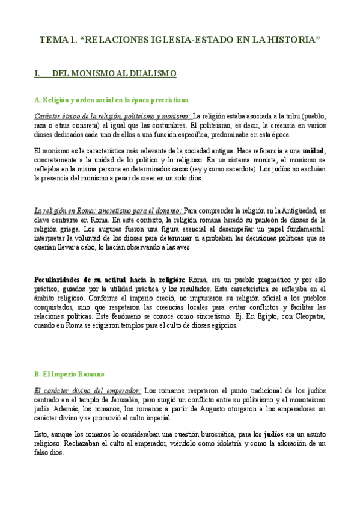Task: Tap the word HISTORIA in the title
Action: click(x=290, y=40)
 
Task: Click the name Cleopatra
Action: click(x=308, y=317)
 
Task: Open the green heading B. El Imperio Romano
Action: click(x=70, y=373)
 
